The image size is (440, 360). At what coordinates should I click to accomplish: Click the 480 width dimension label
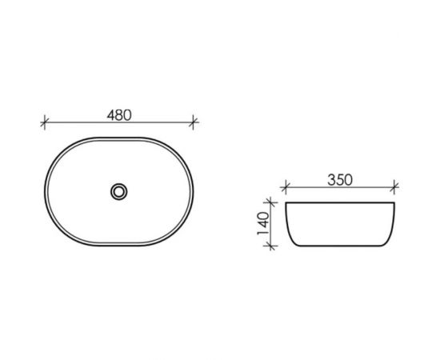pyautogui.click(x=118, y=114)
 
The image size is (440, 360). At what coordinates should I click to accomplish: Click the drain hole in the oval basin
pyautogui.click(x=119, y=190)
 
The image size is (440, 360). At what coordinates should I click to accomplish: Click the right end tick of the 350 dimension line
pyautogui.click(x=394, y=190)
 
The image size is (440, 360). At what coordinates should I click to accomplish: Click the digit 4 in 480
pyautogui.click(x=110, y=114)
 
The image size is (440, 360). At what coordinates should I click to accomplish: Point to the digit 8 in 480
pyautogui.click(x=118, y=114)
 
